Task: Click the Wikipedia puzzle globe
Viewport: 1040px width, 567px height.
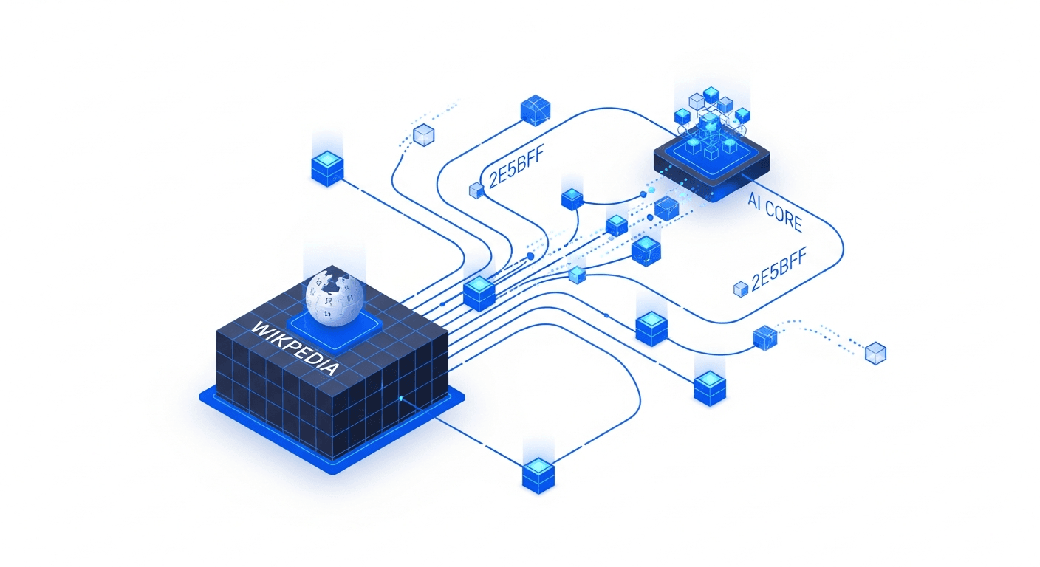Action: coord(334,298)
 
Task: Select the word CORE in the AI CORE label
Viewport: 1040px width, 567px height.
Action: coord(783,216)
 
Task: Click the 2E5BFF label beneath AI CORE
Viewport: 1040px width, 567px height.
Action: coord(779,269)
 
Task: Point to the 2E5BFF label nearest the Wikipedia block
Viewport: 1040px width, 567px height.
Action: coord(516,168)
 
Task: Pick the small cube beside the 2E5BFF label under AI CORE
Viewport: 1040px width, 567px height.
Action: coord(741,289)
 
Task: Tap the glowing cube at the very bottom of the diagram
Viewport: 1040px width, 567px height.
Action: coord(538,475)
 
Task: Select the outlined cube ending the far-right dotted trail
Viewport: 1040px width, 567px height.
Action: coord(875,353)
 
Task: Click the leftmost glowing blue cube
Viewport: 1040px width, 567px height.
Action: coord(327,168)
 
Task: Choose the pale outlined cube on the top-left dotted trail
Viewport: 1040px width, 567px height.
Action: coord(423,135)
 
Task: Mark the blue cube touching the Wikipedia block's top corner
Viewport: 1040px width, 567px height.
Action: coord(479,293)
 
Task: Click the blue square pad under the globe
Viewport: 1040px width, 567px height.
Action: coord(334,330)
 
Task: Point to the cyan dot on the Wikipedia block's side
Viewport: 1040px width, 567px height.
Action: coord(401,398)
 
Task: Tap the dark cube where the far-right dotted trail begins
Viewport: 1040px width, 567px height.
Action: coord(764,338)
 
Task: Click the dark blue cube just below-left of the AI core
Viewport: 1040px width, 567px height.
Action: coord(666,208)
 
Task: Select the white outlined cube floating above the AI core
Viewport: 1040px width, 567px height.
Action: coord(697,101)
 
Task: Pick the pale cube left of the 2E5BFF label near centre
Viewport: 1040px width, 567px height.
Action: coord(476,190)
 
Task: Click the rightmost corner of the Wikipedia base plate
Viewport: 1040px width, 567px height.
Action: coord(465,397)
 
